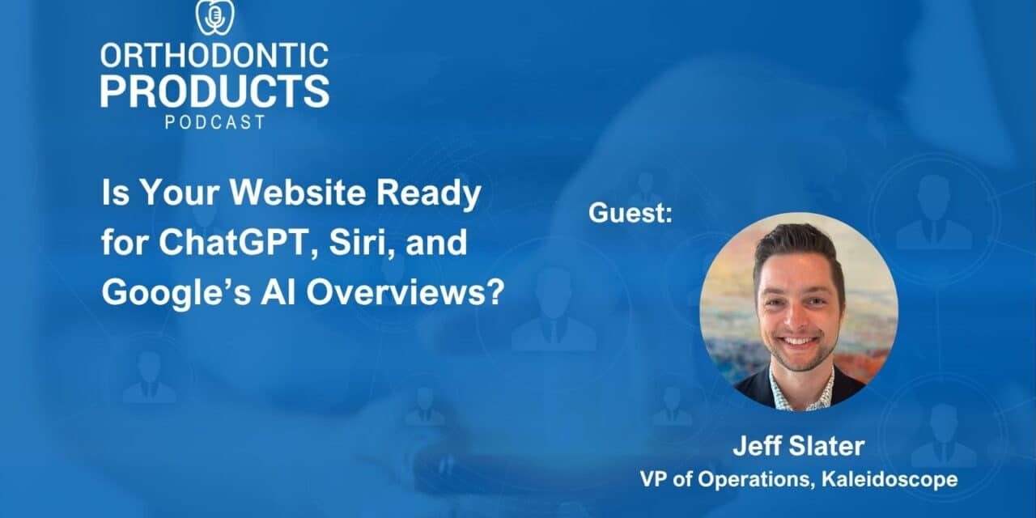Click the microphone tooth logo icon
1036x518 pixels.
click(214, 16)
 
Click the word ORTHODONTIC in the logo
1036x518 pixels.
click(214, 55)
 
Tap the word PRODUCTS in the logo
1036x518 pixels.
click(214, 91)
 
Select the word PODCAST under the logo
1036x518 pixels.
click(214, 122)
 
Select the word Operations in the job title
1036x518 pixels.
click(762, 479)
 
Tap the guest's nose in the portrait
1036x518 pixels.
click(799, 321)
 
